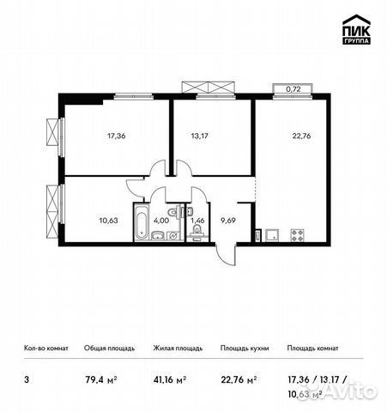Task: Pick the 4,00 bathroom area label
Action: pos(160,220)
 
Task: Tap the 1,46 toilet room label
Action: pos(197,220)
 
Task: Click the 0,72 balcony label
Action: pos(293,88)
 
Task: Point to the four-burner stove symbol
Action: pos(299,233)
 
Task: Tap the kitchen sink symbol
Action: pos(271,233)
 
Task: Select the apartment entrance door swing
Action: pos(224,255)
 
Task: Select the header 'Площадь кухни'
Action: pos(245,349)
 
